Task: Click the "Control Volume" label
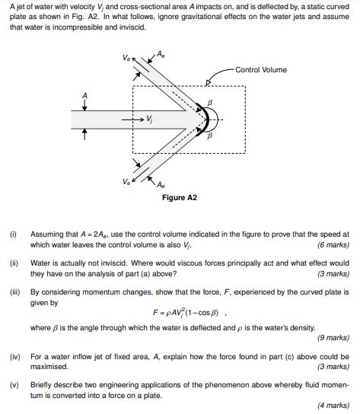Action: pyautogui.click(x=261, y=70)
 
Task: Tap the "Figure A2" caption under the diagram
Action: pyautogui.click(x=180, y=197)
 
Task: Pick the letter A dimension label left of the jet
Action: pyautogui.click(x=84, y=94)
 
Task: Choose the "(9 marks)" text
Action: pyautogui.click(x=333, y=337)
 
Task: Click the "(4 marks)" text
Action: pyautogui.click(x=333, y=405)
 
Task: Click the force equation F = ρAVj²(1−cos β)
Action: pyautogui.click(x=180, y=314)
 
